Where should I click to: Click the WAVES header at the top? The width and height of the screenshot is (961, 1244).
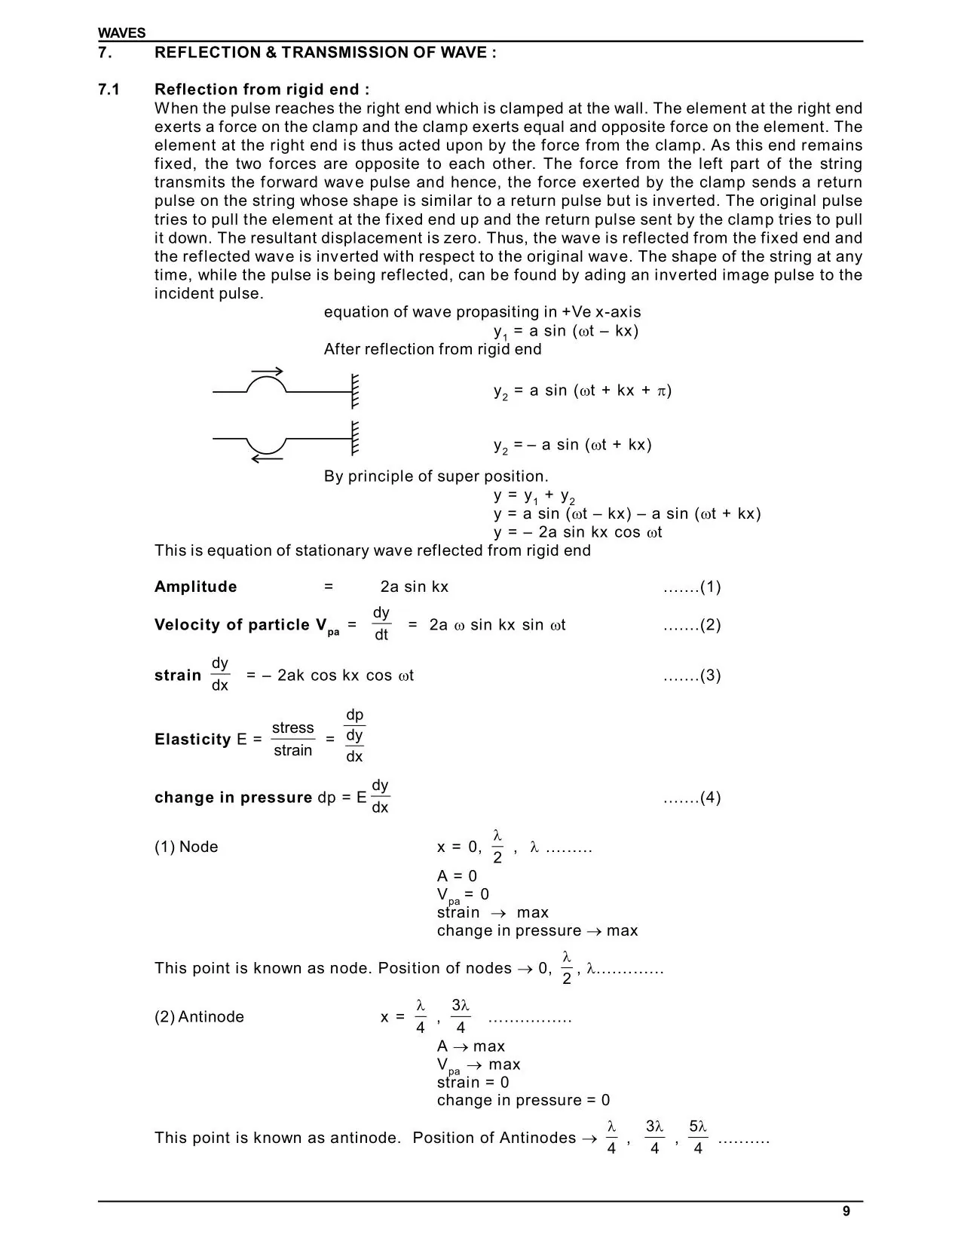121,33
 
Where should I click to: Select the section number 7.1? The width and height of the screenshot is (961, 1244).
109,90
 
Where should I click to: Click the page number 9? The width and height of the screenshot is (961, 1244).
846,1211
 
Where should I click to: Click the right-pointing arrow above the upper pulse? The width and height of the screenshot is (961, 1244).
268,370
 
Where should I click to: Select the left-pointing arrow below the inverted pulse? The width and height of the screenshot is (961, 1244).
267,458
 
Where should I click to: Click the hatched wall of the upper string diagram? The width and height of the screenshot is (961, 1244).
354,391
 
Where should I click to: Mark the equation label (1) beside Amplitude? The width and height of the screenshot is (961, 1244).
692,587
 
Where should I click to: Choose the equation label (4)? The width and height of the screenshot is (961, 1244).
692,798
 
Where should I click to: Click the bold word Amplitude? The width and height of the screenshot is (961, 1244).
195,587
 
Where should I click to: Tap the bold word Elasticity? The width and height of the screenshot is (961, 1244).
192,740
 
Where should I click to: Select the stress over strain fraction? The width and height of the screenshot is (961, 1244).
292,739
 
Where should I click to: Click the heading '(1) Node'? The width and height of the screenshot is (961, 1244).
185,847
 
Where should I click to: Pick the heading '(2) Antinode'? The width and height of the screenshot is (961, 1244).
199,1016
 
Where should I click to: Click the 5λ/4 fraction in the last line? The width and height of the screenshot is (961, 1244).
698,1137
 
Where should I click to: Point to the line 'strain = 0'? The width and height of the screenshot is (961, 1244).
473,1082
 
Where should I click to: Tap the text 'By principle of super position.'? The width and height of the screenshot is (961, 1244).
436,476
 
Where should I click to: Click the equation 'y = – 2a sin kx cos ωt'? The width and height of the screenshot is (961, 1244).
577,532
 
